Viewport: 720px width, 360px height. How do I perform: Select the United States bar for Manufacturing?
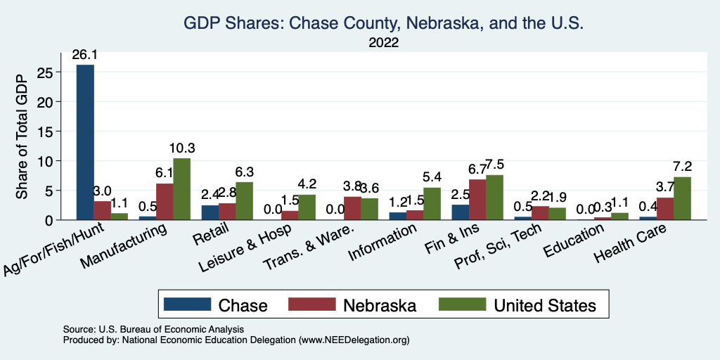181,189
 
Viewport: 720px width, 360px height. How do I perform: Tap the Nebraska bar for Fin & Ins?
478,200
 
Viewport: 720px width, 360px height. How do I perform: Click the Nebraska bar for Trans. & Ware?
352,208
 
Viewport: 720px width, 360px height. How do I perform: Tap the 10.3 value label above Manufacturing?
181,148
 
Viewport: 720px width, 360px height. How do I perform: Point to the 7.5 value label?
495,165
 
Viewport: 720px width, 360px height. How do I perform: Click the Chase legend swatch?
188,304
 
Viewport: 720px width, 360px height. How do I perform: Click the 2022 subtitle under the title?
384,44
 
